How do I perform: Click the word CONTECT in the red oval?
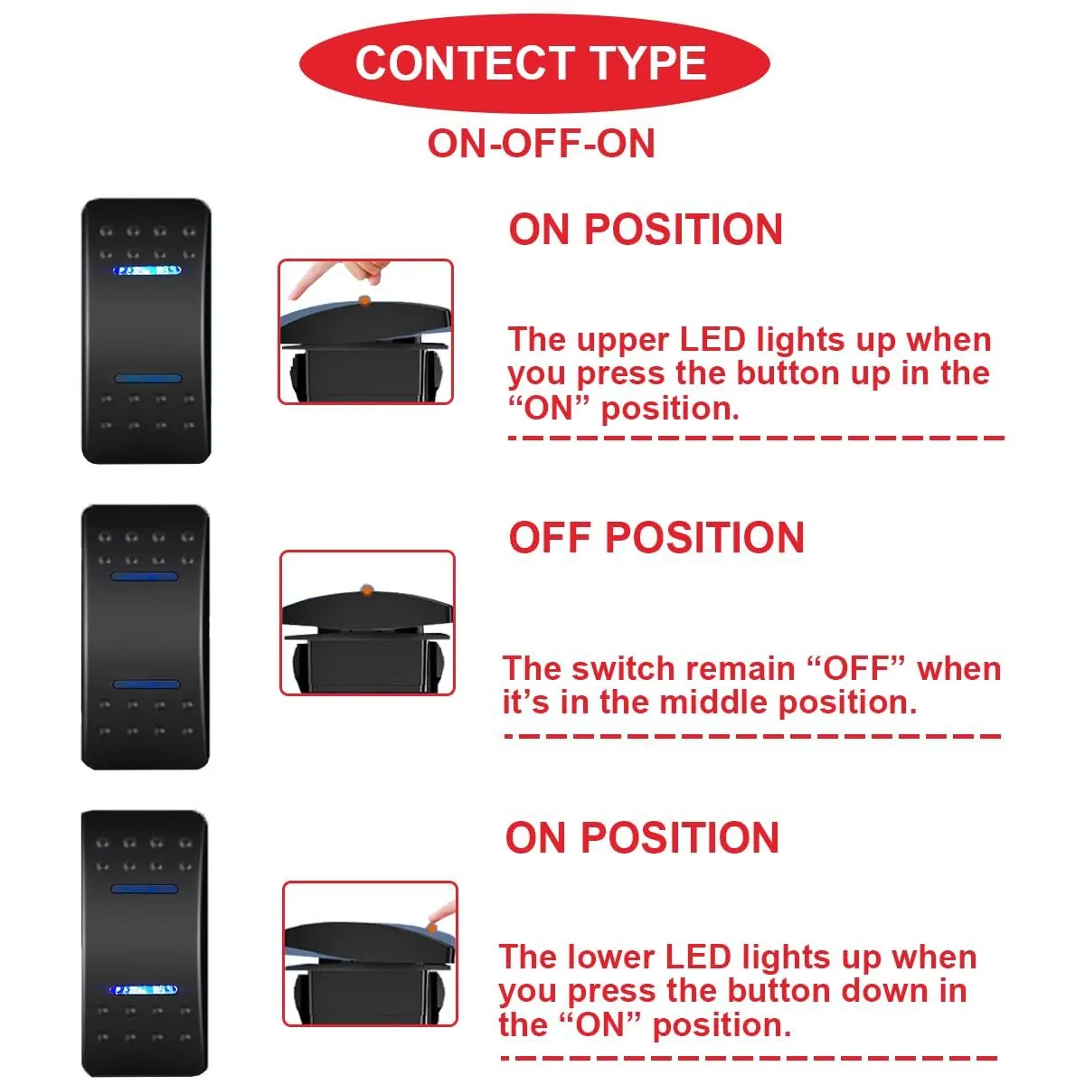(x=465, y=63)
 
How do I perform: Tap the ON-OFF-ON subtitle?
(x=542, y=144)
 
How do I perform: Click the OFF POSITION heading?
(x=656, y=537)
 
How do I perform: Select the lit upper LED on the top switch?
(x=147, y=270)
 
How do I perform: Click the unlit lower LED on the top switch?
(x=148, y=378)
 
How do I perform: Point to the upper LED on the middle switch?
(x=145, y=577)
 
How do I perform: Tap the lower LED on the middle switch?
(x=146, y=684)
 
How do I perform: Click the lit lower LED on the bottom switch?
(x=144, y=990)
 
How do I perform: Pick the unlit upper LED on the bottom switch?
(x=145, y=890)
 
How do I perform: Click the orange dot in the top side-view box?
(x=365, y=301)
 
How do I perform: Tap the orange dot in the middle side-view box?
(x=367, y=590)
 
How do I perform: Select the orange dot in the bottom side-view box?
(x=432, y=928)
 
